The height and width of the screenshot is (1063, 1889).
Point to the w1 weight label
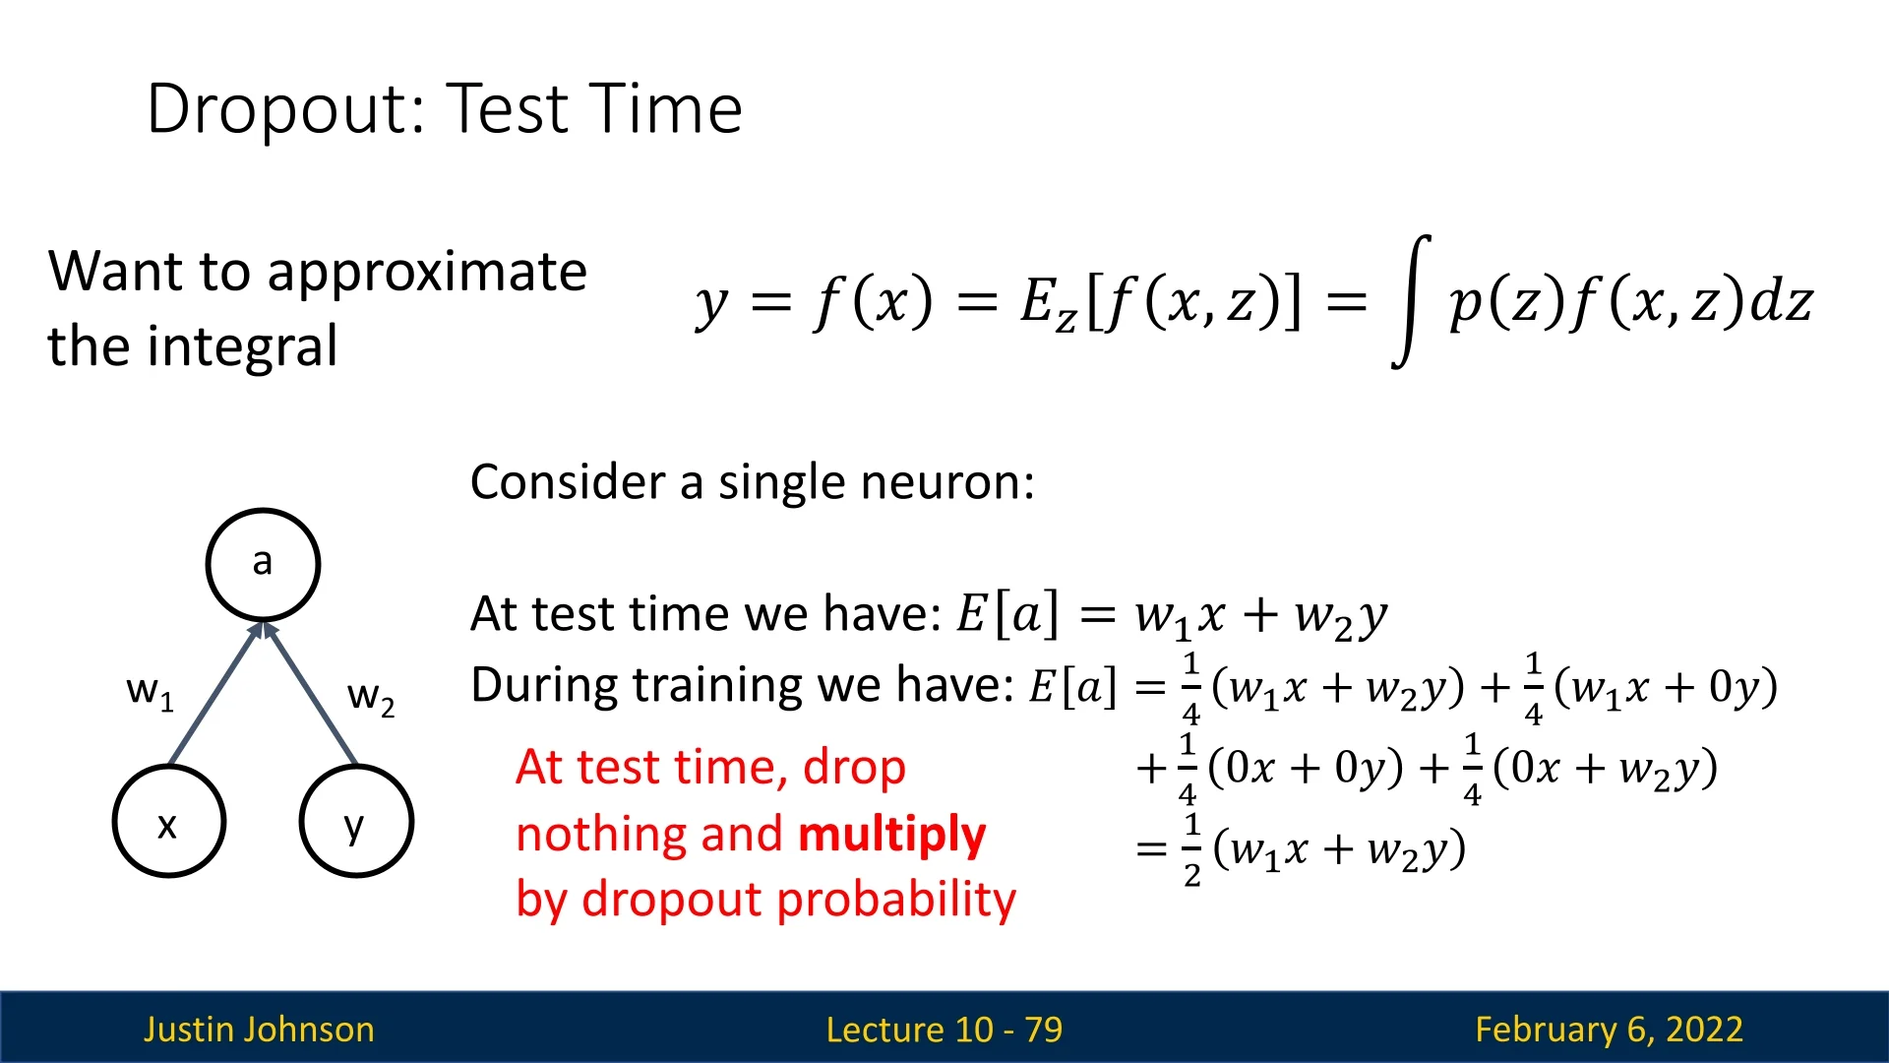(x=150, y=691)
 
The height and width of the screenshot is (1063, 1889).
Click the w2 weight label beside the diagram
(x=371, y=697)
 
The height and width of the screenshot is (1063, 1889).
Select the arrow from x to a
(x=215, y=693)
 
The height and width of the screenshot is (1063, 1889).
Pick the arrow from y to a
(x=310, y=693)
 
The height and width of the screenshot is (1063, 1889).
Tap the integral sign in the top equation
(x=1412, y=301)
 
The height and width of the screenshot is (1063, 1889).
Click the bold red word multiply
(x=892, y=835)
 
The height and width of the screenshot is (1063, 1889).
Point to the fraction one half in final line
(x=1191, y=849)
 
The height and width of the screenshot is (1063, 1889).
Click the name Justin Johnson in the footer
(x=259, y=1030)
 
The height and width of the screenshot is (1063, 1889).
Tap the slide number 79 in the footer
(x=1043, y=1030)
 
